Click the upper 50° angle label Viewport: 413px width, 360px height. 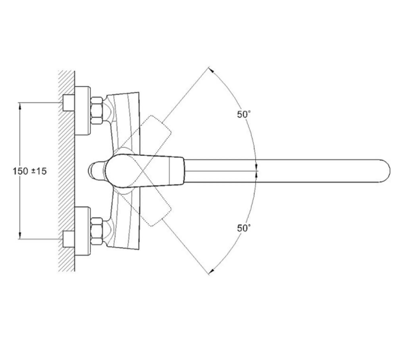click(244, 115)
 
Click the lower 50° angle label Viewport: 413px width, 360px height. click(244, 228)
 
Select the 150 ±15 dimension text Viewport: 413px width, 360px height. click(30, 171)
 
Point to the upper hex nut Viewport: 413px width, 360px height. click(97, 110)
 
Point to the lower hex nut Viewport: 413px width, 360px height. click(97, 231)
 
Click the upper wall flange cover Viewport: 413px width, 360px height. click(83, 111)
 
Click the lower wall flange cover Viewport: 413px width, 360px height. click(83, 231)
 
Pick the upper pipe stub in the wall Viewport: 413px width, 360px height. click(69, 103)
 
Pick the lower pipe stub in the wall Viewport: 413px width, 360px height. click(69, 239)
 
